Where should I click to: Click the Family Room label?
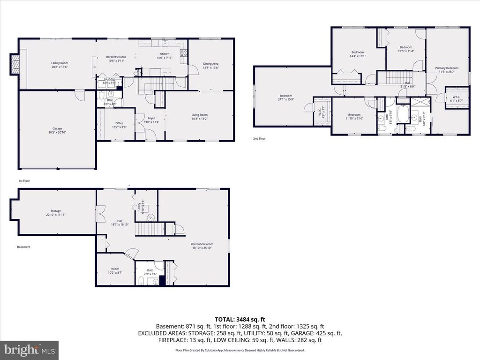click(60, 63)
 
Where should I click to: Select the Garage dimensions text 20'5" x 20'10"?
click(57, 132)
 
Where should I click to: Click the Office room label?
click(119, 123)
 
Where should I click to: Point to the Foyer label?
click(151, 119)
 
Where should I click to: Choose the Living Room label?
click(200, 115)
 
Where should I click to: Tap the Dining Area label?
click(210, 64)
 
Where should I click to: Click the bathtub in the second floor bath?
click(402, 114)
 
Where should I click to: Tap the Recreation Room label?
click(202, 244)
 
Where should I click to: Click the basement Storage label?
click(56, 211)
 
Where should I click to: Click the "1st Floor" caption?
click(23, 180)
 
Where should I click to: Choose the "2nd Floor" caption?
click(259, 139)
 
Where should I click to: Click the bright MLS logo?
click(29, 350)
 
